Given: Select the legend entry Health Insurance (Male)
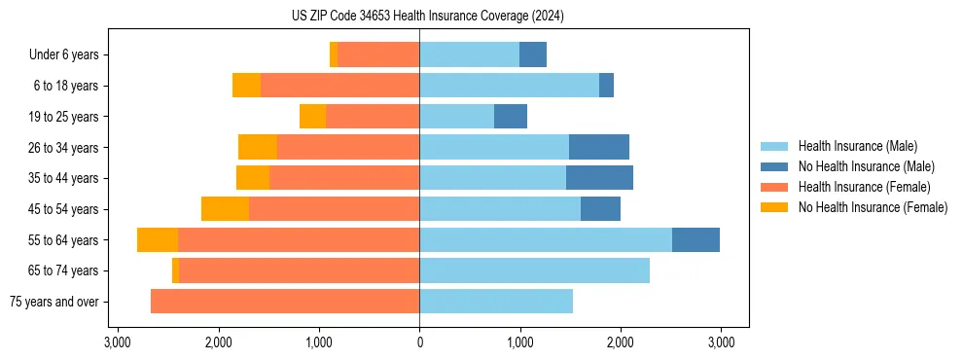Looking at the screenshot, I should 856,146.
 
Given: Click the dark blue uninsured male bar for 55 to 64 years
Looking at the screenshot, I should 695,239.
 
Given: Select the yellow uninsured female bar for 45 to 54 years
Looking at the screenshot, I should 225,209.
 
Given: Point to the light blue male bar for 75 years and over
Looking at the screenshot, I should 496,302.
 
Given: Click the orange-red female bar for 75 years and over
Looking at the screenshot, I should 285,302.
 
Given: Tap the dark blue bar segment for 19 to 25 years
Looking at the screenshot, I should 511,117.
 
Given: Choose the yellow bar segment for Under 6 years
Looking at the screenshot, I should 334,55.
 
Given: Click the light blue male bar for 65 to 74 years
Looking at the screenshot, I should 534,270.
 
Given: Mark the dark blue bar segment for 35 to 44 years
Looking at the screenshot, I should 599,178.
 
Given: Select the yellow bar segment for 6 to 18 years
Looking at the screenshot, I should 246,86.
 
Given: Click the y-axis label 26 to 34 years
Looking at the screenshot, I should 63,148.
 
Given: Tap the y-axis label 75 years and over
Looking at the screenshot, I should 53,302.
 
